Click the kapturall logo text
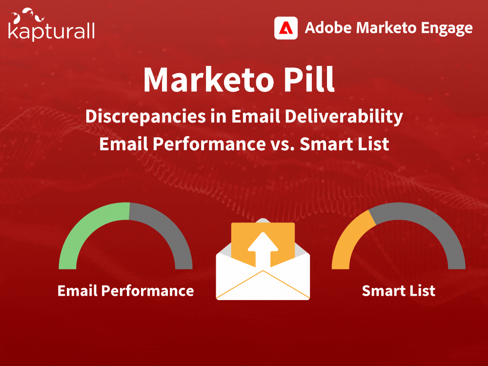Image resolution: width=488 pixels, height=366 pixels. [x=51, y=31]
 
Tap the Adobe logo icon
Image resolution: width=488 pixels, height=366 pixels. [x=285, y=28]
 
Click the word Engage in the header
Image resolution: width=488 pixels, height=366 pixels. [x=447, y=28]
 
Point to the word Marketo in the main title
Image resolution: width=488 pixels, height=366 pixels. [x=208, y=80]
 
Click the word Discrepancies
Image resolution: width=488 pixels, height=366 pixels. [x=145, y=117]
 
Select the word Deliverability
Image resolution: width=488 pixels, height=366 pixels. [x=344, y=117]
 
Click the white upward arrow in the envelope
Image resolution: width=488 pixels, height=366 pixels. [x=263, y=249]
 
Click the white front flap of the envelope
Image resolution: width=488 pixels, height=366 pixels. [x=263, y=285]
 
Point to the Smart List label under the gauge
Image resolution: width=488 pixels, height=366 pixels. [x=398, y=291]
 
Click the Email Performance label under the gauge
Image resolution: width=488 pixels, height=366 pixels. [x=126, y=291]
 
